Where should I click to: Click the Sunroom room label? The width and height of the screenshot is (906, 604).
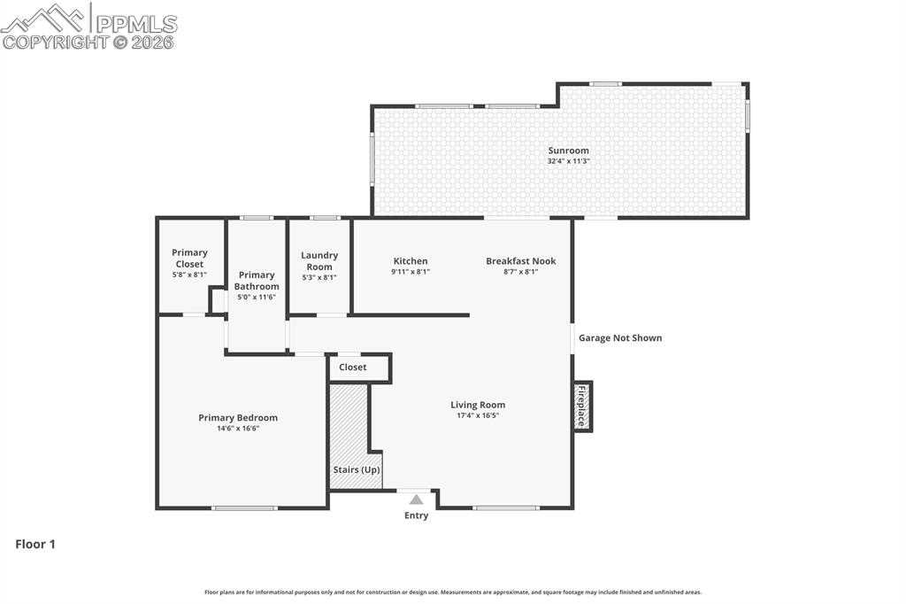[x=568, y=151]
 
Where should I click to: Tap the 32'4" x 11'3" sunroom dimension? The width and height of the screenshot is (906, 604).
[x=568, y=161]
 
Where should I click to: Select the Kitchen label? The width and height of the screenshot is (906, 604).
[x=411, y=261]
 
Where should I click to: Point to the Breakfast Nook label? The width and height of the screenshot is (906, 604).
[x=520, y=261]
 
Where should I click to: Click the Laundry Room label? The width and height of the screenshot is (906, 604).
[x=319, y=261]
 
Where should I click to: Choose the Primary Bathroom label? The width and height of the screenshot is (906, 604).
[x=257, y=281]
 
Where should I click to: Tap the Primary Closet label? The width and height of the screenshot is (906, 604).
[x=189, y=258]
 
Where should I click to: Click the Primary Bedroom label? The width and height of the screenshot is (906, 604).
[x=238, y=418]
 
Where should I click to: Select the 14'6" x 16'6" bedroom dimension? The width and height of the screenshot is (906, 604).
[x=238, y=429]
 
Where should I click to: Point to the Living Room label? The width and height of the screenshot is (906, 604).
[x=478, y=405]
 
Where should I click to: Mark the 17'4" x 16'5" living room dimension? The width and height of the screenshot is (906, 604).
[x=478, y=415]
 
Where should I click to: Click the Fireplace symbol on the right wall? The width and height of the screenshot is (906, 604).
[x=582, y=407]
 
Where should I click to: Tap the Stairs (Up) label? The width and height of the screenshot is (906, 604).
[x=357, y=469]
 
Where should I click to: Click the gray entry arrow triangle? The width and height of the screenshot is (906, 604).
[x=416, y=499]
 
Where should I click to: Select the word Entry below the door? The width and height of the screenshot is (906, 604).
[x=416, y=515]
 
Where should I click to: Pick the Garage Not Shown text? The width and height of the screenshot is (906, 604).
[x=620, y=337]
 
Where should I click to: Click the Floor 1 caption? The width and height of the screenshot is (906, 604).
[x=35, y=545]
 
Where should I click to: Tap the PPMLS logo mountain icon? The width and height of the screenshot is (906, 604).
[x=44, y=18]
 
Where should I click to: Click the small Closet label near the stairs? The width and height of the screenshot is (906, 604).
[x=352, y=368]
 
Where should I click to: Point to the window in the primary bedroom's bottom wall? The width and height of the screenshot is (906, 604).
[x=245, y=507]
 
